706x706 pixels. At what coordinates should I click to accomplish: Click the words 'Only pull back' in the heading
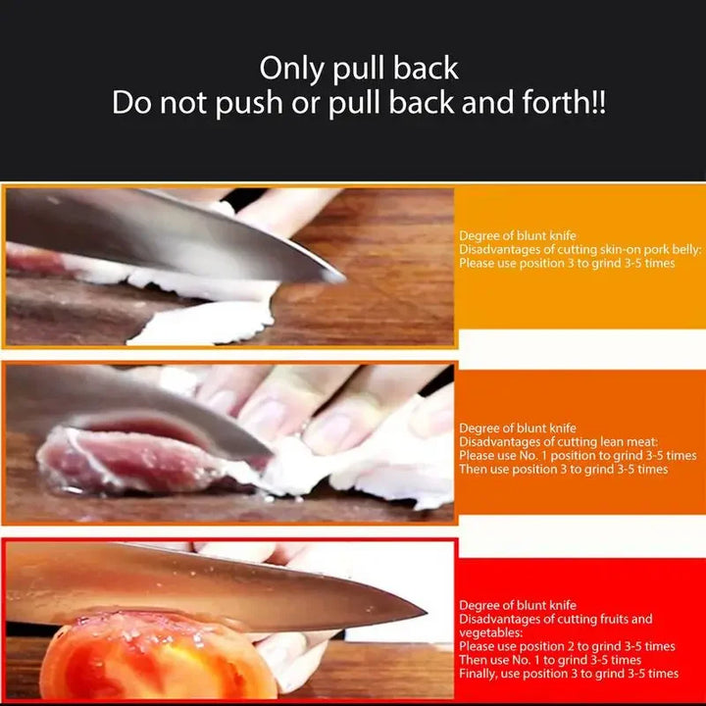pos(359,69)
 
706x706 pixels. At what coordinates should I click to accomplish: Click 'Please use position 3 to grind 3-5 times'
pos(567,264)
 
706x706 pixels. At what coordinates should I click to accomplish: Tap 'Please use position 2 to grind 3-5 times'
pos(567,647)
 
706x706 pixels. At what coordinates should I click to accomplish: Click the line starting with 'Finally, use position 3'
pos(569,674)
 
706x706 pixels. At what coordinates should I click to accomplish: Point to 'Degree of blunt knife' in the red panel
pos(518,606)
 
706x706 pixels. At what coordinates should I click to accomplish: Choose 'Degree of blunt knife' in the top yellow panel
pos(518,236)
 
